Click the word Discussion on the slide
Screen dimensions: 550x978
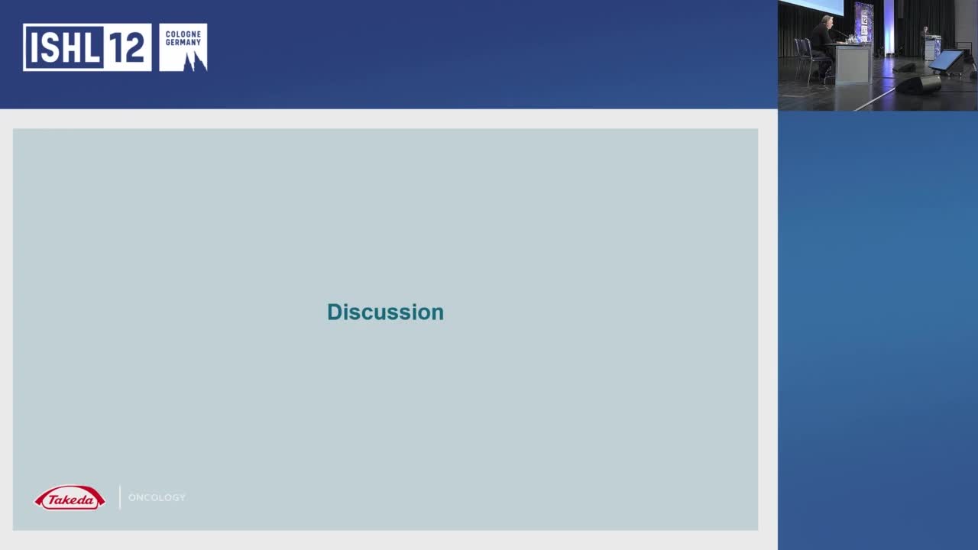385,312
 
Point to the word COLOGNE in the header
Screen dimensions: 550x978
183,34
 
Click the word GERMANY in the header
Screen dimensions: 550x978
183,43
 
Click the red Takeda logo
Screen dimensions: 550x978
70,499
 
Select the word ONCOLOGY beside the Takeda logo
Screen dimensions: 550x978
157,497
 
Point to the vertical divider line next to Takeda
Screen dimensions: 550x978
120,497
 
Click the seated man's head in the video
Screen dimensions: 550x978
827,20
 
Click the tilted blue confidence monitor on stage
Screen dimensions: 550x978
946,60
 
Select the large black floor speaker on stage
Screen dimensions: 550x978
918,84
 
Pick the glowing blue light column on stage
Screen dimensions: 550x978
889,27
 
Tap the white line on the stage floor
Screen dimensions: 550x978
875,97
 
